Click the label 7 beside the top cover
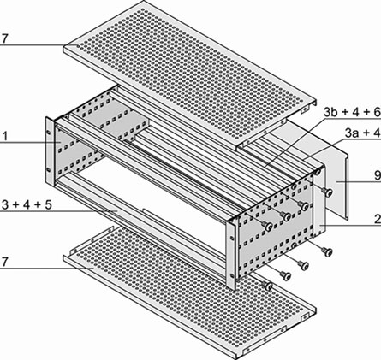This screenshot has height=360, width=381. point(3,39)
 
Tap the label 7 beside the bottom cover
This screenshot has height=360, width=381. point(3,262)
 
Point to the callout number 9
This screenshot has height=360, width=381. point(378,175)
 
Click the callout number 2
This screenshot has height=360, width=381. point(378,220)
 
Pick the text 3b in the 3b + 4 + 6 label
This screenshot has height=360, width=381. point(330,113)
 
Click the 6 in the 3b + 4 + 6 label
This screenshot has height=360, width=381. point(377,113)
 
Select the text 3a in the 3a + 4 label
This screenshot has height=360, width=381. point(352,133)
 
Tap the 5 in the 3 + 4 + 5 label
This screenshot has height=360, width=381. point(48,204)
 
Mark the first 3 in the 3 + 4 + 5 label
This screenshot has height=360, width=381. point(5,204)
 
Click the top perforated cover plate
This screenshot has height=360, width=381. point(190,71)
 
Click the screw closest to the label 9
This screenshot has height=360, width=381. point(328,192)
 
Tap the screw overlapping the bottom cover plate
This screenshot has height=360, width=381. point(268,286)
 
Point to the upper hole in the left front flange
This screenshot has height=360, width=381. point(48,133)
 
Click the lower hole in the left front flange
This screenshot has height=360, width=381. point(48,170)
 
